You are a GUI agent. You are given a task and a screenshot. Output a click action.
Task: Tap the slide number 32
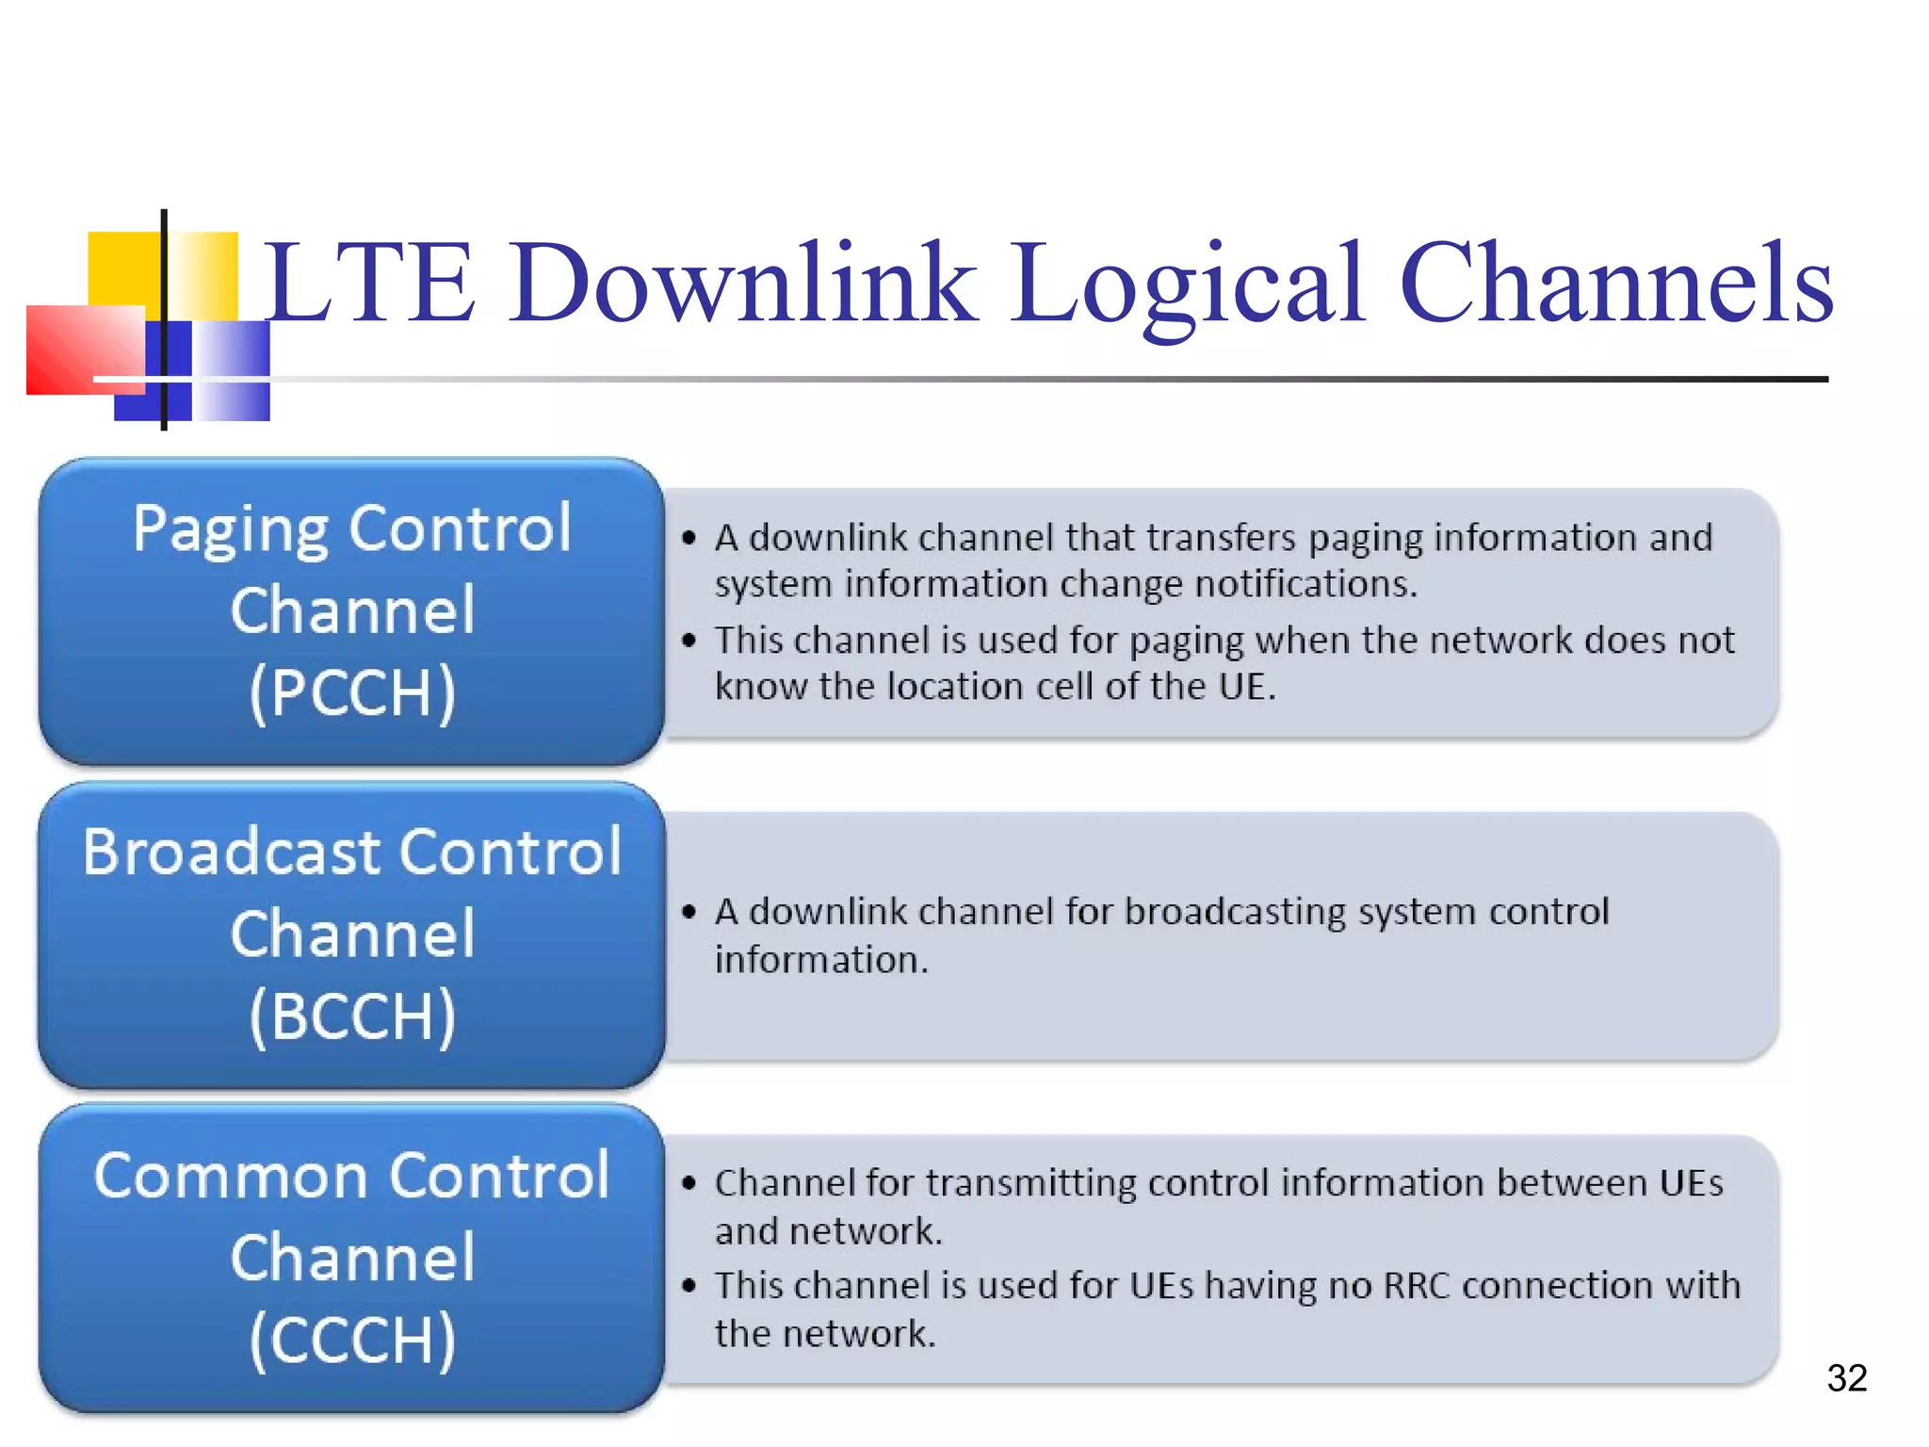(1846, 1378)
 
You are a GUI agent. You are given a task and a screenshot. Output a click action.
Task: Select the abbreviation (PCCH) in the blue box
(352, 692)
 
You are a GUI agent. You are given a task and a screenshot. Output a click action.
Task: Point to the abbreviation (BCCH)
(352, 1016)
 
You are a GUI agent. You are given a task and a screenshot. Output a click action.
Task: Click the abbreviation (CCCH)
(352, 1339)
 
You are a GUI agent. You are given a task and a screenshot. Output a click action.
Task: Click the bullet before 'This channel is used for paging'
(689, 641)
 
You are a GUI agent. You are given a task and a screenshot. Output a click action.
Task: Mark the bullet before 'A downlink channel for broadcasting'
(689, 912)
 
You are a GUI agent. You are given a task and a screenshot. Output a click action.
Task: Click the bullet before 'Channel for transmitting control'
(689, 1183)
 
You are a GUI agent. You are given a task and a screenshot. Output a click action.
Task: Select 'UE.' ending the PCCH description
(1247, 687)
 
